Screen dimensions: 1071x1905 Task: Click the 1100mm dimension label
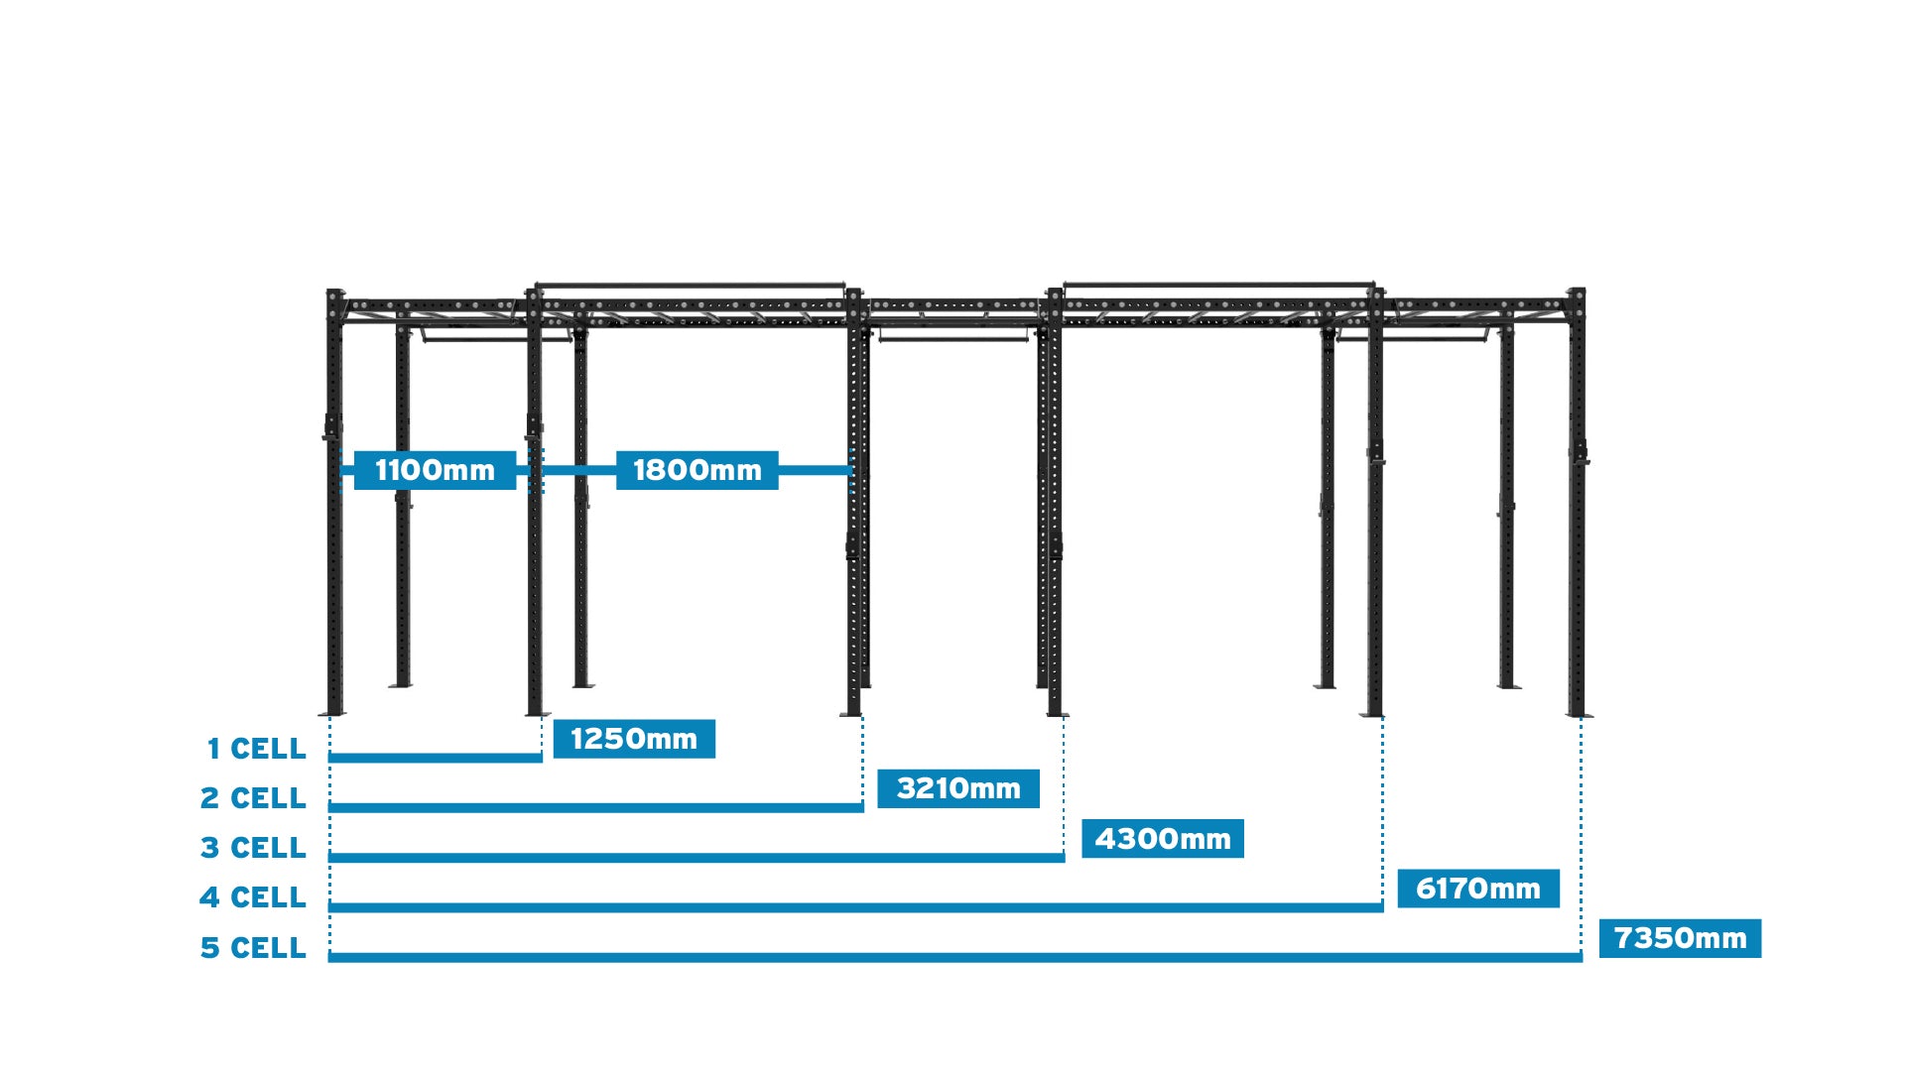coord(435,470)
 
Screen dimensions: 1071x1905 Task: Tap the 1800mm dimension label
coord(697,470)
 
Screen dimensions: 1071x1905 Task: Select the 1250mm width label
coord(634,739)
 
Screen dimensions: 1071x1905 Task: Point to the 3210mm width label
coord(958,788)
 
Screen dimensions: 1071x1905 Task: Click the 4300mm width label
coord(1162,839)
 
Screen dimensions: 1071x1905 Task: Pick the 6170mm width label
coord(1477,889)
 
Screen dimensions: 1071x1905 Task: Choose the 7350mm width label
coord(1680,938)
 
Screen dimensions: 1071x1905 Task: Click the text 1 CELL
coord(256,749)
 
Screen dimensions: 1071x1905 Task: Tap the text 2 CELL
coord(253,798)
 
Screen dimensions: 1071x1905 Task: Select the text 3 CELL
coord(253,848)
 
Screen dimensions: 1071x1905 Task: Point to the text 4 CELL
coord(253,897)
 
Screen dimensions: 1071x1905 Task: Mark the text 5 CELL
coord(253,948)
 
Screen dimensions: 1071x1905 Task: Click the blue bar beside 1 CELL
coord(435,758)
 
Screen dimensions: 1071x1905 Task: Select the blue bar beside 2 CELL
coord(595,807)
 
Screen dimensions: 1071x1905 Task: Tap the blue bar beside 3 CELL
coord(697,857)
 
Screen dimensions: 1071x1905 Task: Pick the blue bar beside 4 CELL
coord(855,906)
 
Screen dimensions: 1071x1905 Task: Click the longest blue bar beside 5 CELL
coord(954,957)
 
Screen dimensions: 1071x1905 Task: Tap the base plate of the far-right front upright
coord(1579,714)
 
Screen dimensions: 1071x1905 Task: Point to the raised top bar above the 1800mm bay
coord(690,286)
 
